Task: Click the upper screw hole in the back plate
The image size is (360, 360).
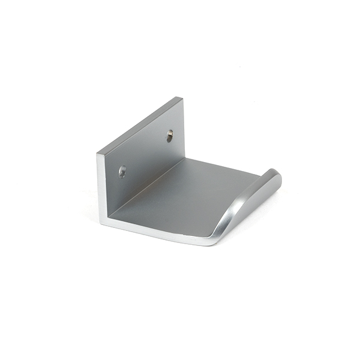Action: (x=169, y=137)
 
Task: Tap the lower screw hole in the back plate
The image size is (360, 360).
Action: (x=122, y=172)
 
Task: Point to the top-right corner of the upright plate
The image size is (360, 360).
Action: (x=182, y=98)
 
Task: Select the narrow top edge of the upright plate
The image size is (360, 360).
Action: (x=139, y=125)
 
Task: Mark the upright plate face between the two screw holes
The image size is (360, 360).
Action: (x=146, y=154)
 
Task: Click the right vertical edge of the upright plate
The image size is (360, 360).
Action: (x=184, y=129)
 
